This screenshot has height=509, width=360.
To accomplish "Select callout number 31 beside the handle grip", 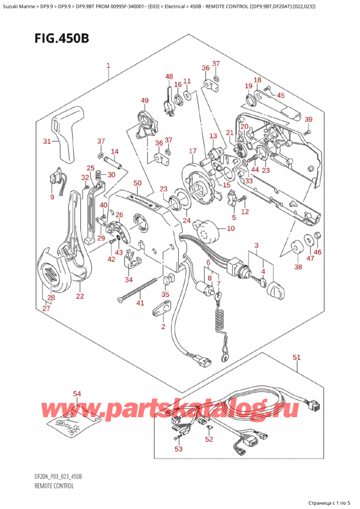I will point(47,141).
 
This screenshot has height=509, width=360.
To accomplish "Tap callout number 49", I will point(145,100).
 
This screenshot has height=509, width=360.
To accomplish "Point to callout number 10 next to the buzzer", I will point(231,229).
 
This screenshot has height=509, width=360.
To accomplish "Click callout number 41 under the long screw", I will point(140,303).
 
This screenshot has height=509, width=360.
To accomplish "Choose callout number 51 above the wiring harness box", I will point(297,358).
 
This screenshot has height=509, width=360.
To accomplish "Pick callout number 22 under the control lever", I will point(80,296).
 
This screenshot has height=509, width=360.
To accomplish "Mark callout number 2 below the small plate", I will point(162,326).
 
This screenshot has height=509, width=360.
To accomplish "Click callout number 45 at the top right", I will point(281,95).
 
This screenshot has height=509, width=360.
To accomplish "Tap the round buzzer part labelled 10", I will point(208,227).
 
